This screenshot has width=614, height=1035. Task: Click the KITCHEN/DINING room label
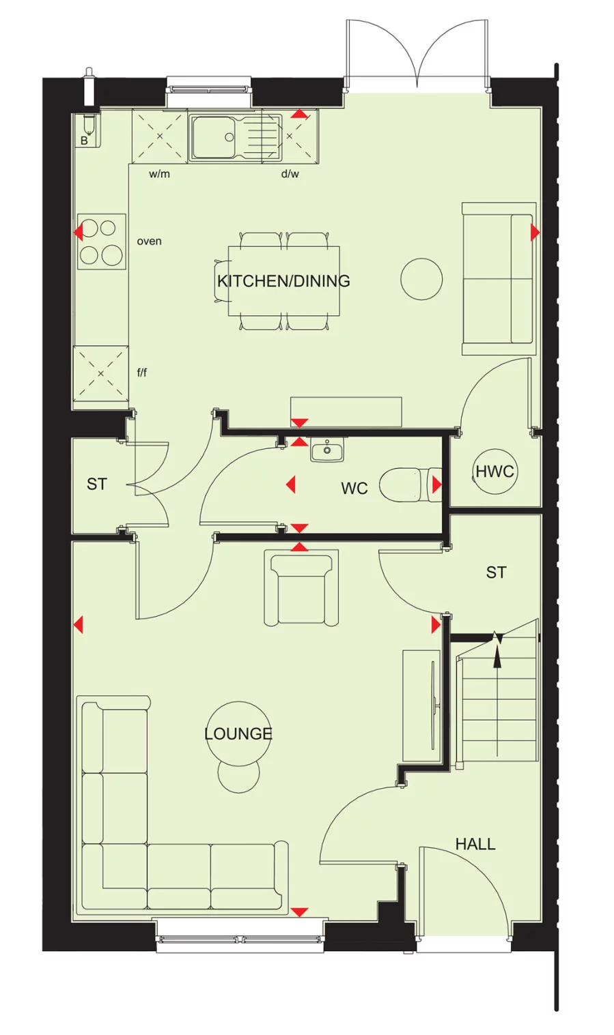tap(283, 281)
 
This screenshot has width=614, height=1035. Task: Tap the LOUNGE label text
tap(238, 733)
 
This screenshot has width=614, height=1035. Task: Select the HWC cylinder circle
tap(494, 471)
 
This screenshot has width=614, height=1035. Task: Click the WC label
tap(354, 489)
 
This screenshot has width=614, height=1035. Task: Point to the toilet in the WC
tap(407, 484)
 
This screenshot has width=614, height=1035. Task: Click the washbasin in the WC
tap(327, 451)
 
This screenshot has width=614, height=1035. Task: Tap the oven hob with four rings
tap(102, 242)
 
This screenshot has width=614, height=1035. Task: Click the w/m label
tap(159, 174)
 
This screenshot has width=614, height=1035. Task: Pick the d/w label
tap(290, 174)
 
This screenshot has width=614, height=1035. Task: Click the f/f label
tap(142, 373)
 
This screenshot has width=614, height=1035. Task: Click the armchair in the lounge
tap(301, 588)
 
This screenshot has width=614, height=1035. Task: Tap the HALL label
tap(475, 844)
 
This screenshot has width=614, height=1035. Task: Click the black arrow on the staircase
tap(497, 652)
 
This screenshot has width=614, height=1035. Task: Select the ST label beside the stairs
tap(497, 572)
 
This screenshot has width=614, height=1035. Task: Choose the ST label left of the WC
tap(97, 484)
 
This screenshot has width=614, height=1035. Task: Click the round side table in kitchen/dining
tap(421, 279)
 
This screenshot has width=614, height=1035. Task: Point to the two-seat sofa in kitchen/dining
tap(497, 278)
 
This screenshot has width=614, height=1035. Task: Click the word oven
tap(150, 242)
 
